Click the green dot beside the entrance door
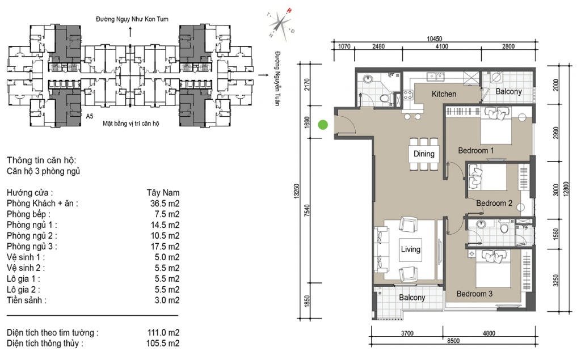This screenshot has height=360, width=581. pos(323,125)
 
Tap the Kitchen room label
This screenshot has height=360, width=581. pos(444,94)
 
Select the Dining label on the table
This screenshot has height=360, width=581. pos(424,154)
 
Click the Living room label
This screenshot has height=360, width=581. pos(411,249)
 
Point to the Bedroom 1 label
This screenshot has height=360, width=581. pos(476,150)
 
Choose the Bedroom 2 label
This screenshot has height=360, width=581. pos(494,203)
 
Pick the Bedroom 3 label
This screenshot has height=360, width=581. pos(474,294)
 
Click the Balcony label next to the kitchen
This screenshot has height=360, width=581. pos(509,91)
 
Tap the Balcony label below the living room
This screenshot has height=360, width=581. pos(412,298)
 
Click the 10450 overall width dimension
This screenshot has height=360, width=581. pos(434,39)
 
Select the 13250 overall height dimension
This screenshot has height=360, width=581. pos(296,192)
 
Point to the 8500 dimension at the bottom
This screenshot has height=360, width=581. pos(453,341)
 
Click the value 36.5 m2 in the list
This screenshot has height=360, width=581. pos(165,204)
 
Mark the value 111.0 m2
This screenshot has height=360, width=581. pos(163,333)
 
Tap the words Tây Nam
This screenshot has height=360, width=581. pos(163,193)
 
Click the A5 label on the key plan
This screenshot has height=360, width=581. pos(89,116)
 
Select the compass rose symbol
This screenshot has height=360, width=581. pos(281,24)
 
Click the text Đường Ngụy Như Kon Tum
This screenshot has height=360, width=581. pos(132,19)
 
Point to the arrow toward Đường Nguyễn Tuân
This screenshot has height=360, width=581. pos(263,75)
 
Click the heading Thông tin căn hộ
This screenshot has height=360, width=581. pos(41,160)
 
